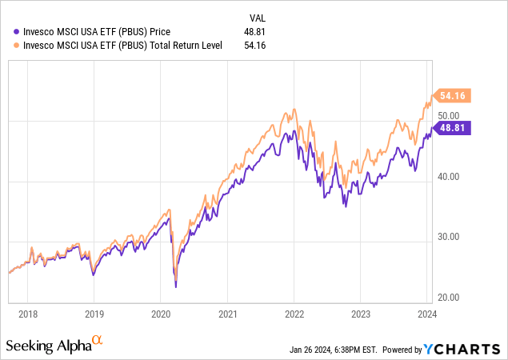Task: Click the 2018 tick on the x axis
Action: click(27, 314)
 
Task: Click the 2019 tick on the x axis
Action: click(94, 314)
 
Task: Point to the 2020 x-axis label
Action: click(161, 314)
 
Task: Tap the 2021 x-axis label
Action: click(228, 314)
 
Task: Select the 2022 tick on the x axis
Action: click(294, 314)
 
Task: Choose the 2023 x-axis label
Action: click(361, 314)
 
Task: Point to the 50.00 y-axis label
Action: click(447, 118)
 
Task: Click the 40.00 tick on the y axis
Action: click(447, 178)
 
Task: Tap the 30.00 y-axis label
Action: click(447, 238)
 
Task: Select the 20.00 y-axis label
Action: click(447, 298)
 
